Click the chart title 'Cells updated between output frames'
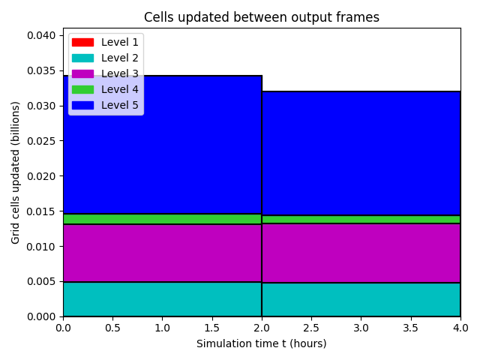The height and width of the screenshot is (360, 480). (262, 17)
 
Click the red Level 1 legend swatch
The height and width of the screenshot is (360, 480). (82, 42)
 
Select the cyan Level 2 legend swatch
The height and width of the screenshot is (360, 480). (82, 58)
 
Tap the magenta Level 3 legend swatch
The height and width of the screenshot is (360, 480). (82, 73)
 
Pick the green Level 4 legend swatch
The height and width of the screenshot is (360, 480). (82, 89)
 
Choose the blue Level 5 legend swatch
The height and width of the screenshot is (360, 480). (82, 105)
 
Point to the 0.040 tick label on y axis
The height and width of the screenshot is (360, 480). (41, 35)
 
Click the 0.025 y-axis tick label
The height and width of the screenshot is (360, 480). (41, 141)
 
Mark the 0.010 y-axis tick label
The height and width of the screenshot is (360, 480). (41, 247)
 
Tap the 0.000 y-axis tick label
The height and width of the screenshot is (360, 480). (41, 316)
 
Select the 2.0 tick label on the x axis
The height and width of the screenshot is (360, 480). (262, 328)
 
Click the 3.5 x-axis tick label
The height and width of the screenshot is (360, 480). (410, 328)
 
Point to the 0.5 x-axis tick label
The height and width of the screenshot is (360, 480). (112, 328)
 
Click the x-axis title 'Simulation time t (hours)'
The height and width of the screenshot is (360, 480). (262, 343)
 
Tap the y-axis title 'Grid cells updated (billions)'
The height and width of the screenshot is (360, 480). (15, 172)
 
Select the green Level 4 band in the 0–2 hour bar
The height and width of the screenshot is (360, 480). (163, 219)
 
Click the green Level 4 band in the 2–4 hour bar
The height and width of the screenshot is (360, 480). (361, 220)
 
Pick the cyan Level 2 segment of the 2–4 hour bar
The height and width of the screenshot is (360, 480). (361, 299)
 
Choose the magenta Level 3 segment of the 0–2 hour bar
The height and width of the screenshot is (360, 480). (163, 253)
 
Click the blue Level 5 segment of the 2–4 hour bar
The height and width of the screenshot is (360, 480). (361, 153)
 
